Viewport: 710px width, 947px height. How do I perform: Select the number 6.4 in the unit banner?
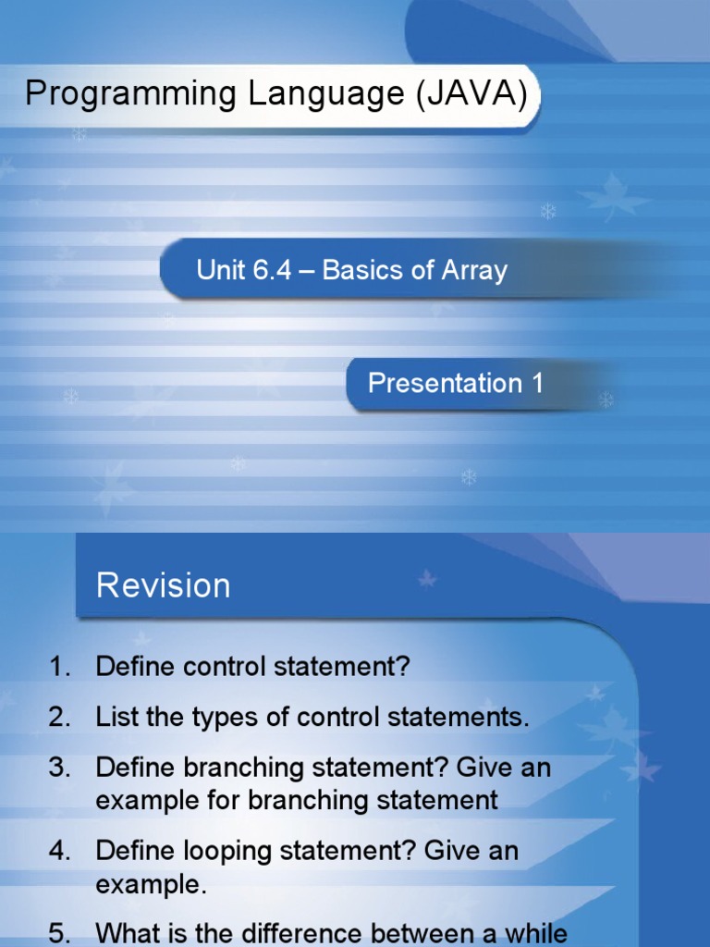[272, 270]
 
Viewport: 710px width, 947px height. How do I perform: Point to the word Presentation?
[445, 383]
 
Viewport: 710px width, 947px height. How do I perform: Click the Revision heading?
[164, 585]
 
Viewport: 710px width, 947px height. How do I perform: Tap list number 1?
[59, 666]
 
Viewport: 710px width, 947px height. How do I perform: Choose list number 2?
[59, 717]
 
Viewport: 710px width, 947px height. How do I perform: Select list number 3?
[59, 768]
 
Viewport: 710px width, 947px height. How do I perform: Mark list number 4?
[59, 851]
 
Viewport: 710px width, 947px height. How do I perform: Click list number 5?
[59, 934]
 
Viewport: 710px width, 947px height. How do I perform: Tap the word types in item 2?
[215, 719]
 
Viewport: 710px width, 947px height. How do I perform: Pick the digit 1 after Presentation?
[537, 383]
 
